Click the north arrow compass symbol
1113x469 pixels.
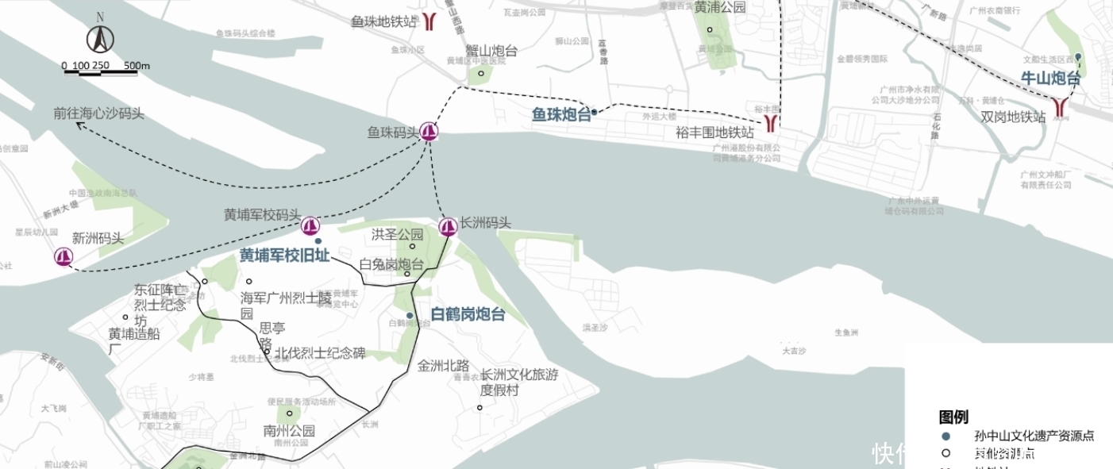click(100, 37)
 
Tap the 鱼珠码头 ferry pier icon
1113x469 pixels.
click(429, 132)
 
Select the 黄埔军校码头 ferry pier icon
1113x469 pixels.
click(310, 226)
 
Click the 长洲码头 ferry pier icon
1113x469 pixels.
click(448, 228)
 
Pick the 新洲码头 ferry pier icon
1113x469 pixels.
click(64, 257)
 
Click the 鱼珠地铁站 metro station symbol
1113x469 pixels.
click(429, 21)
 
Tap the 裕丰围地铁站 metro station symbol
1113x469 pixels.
click(771, 121)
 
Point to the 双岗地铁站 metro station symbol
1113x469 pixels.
click(1061, 108)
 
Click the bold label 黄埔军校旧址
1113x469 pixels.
click(284, 256)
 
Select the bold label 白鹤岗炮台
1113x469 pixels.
click(468, 314)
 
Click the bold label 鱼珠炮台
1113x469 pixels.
click(561, 115)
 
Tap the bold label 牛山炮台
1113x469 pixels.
click(1050, 79)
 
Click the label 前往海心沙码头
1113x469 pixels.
click(99, 113)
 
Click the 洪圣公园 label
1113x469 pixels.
click(398, 234)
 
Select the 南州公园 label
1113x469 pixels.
click(289, 431)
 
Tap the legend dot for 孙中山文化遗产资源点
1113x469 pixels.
click(945, 436)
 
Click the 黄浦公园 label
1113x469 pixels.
click(720, 7)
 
